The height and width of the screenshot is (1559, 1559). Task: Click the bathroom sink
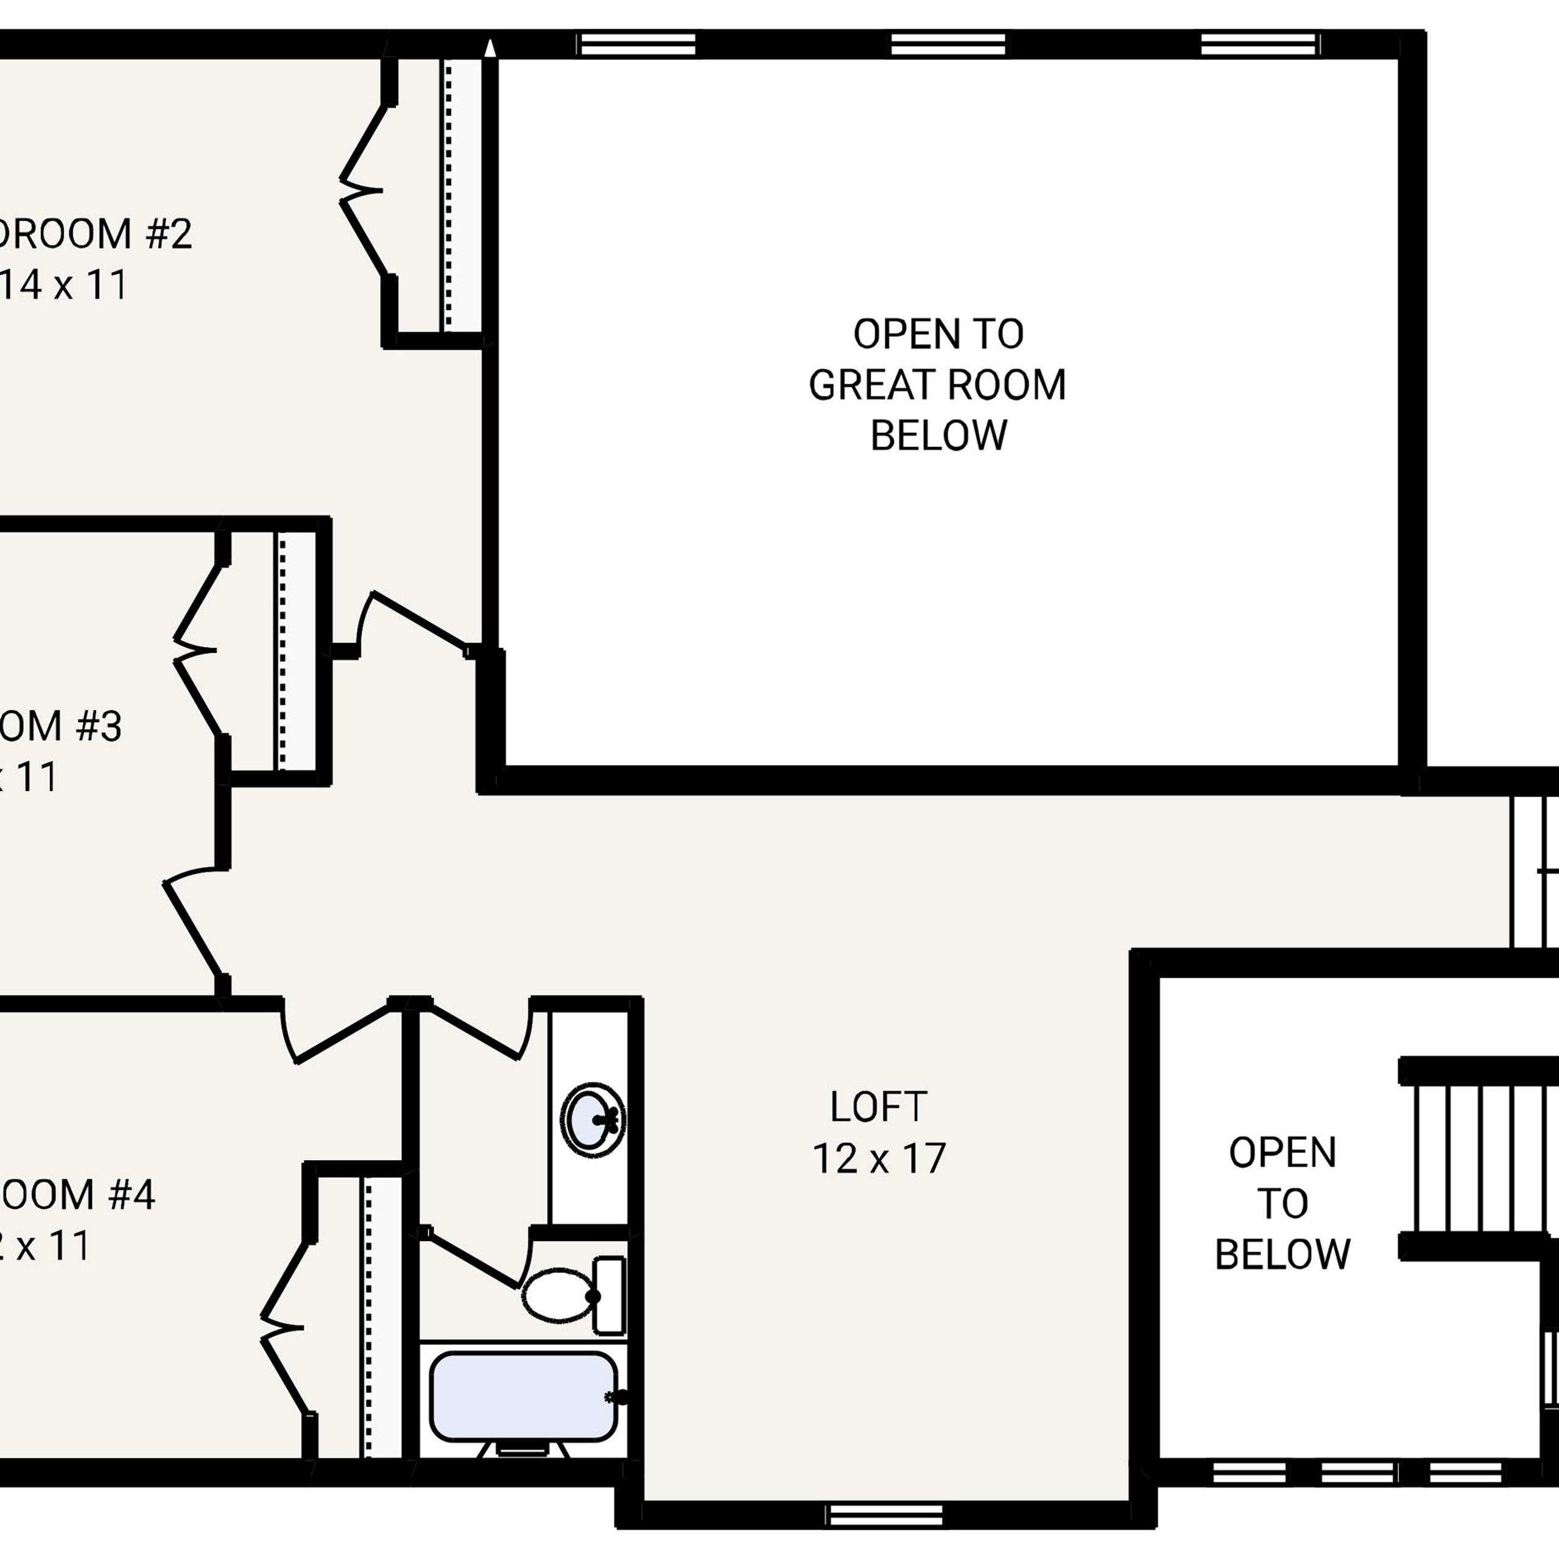point(593,1120)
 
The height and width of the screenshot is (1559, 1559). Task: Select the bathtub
point(524,1396)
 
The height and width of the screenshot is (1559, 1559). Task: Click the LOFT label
point(879,1107)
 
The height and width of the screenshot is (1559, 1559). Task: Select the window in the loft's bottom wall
point(885,1515)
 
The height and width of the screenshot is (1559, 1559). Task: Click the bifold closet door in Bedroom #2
point(362,191)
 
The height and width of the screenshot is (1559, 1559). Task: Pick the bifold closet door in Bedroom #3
point(196,650)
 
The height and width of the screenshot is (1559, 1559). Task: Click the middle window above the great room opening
point(948,44)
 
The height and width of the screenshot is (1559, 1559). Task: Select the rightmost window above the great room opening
point(1259,44)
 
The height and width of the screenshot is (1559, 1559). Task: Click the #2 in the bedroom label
point(169,234)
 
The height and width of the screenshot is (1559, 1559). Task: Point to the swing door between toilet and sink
point(476,1258)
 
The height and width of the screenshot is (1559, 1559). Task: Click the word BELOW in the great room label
point(938,436)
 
